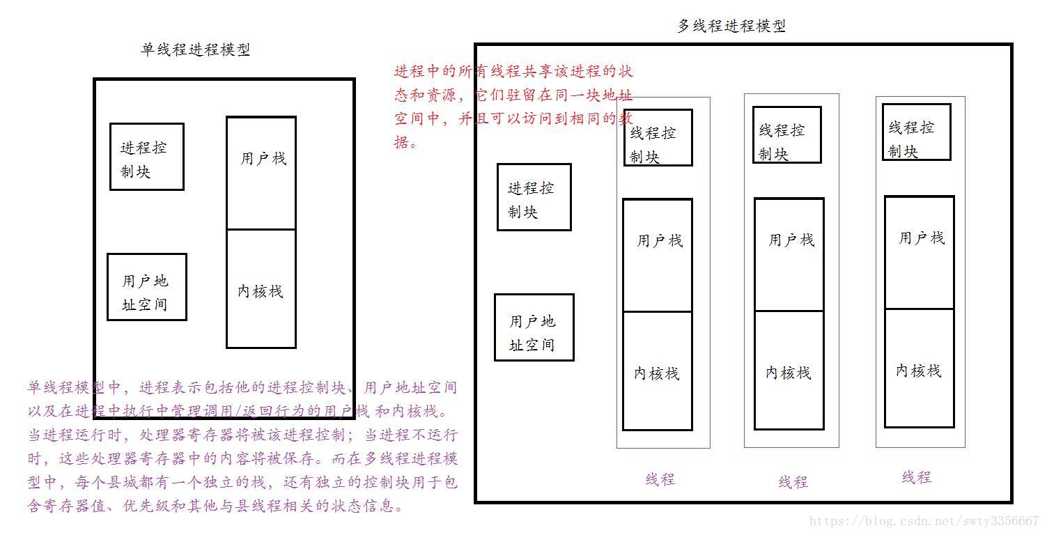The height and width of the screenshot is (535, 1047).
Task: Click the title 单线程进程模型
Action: click(x=196, y=49)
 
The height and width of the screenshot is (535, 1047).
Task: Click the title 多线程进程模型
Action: click(x=731, y=26)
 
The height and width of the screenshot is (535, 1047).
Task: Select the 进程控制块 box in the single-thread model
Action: click(x=146, y=157)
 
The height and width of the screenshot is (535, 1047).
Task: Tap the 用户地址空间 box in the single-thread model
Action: click(x=146, y=287)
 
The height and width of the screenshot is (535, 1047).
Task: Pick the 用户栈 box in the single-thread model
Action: click(x=261, y=173)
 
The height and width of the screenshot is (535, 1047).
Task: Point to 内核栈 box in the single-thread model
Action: click(x=261, y=288)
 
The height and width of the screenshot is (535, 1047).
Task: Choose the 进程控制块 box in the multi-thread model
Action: click(x=534, y=197)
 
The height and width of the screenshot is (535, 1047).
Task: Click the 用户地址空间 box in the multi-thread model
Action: click(x=534, y=327)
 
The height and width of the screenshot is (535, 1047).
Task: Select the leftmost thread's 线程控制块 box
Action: click(x=658, y=138)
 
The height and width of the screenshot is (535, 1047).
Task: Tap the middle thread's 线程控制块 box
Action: click(x=786, y=135)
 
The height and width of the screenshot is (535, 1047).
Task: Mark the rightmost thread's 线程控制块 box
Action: click(x=916, y=132)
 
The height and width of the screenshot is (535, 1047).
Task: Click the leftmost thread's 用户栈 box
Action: click(x=657, y=255)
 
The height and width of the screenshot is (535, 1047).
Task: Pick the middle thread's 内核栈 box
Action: click(x=789, y=371)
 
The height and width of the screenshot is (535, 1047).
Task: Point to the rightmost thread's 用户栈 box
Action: click(x=919, y=252)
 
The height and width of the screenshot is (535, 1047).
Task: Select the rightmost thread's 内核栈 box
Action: click(x=919, y=369)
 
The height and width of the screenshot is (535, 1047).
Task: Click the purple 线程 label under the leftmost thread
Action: click(x=660, y=479)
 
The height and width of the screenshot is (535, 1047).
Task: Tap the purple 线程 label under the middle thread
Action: click(x=793, y=481)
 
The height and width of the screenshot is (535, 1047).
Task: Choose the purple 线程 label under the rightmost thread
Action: click(x=916, y=477)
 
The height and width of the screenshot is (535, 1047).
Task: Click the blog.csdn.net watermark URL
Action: click(x=924, y=521)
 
